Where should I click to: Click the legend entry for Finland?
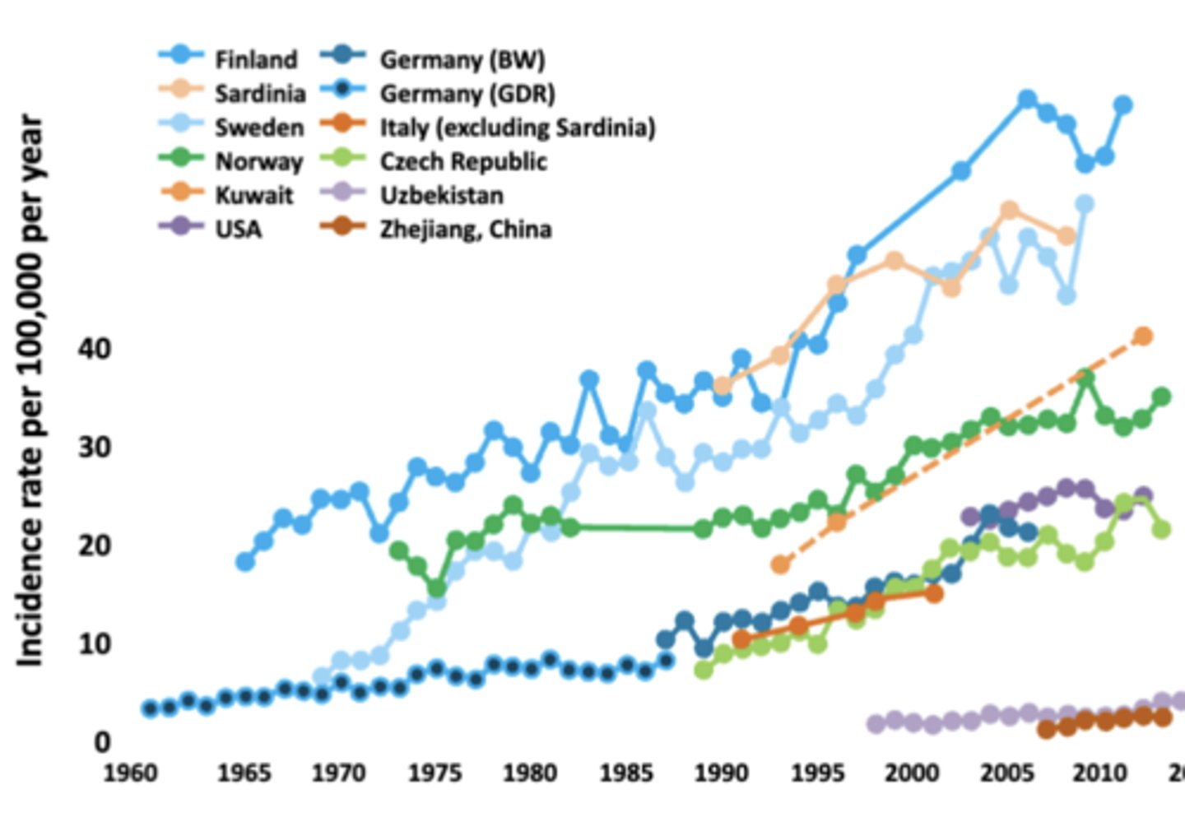[255, 60]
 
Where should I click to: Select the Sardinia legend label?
[259, 94]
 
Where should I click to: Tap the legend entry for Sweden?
[258, 128]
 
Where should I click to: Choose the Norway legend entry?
[258, 161]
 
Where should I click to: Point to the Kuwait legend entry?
[253, 195]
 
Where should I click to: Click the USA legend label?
[238, 229]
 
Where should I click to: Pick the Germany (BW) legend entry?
[462, 60]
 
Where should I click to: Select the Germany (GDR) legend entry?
[467, 94]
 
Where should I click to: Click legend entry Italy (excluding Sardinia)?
[517, 128]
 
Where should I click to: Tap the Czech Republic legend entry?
[462, 161]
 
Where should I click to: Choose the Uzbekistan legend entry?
[441, 195]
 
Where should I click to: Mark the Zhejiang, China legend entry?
[465, 229]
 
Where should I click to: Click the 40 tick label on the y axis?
[94, 349]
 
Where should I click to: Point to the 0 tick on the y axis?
[101, 742]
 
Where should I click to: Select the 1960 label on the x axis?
[129, 773]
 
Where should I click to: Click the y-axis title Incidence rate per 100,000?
[30, 391]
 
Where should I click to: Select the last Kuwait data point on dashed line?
[1143, 336]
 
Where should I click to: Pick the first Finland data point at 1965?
[245, 562]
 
